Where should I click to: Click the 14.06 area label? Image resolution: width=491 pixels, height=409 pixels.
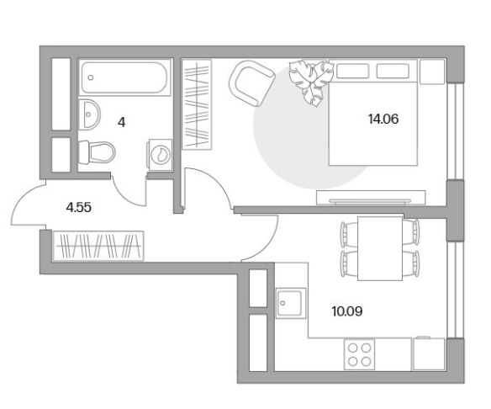tap(383, 120)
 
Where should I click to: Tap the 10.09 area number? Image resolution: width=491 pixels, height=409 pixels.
tap(347, 311)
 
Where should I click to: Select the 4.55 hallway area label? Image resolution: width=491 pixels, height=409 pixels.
tap(79, 208)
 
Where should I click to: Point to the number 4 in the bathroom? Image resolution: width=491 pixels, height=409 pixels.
tap(122, 123)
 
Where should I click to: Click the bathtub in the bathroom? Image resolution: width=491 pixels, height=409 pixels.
tap(124, 77)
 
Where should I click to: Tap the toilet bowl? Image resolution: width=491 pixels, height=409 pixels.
tap(97, 152)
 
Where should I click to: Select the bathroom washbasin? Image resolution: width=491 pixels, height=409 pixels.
tap(89, 114)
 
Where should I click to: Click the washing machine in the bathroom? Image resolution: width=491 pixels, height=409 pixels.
tap(161, 155)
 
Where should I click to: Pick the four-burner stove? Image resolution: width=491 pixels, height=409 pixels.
tap(359, 353)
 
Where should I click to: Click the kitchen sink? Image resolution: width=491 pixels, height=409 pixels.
tap(291, 303)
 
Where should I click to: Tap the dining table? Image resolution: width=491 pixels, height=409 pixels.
tap(380, 248)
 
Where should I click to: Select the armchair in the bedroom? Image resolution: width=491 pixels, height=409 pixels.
tap(251, 83)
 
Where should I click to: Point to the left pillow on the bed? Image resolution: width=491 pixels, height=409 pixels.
tap(352, 71)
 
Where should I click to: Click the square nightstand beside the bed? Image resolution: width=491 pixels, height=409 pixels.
tap(432, 72)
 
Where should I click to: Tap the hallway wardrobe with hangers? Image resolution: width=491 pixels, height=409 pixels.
tap(98, 246)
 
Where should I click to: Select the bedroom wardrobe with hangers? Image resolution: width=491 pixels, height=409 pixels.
tap(197, 104)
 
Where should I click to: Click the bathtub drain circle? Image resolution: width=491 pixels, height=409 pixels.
tap(91, 77)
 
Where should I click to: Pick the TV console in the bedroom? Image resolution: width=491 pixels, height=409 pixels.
tap(371, 198)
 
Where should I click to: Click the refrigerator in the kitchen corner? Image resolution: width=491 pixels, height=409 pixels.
tap(429, 353)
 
